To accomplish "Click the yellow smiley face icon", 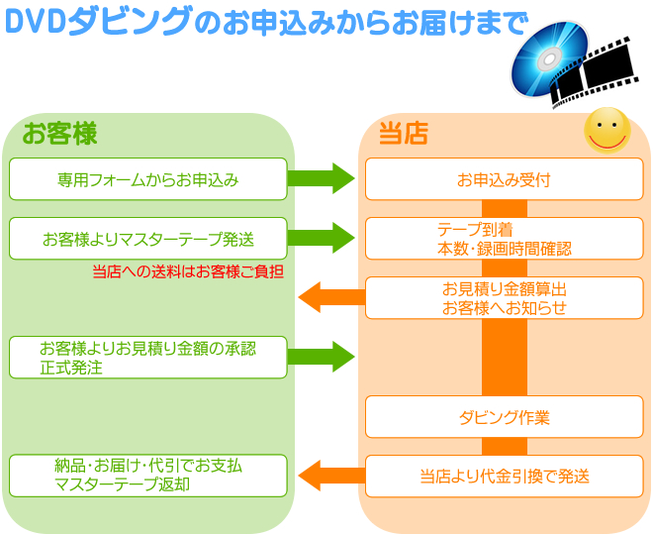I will [606, 130].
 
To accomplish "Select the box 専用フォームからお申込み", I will [148, 179].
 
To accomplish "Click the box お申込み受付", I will [504, 179].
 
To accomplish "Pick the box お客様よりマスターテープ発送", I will [148, 239].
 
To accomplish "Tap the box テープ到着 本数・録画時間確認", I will [504, 239].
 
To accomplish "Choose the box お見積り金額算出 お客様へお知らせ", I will [504, 298].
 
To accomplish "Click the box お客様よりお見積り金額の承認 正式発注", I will [148, 357].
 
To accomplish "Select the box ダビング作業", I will [504, 417].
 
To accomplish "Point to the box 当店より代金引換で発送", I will [504, 477].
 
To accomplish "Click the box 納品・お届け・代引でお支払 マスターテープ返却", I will [148, 476].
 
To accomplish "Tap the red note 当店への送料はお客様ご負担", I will [188, 270].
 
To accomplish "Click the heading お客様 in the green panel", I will [60, 134].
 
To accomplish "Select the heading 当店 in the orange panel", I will [404, 134].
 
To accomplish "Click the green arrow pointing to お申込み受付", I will [321, 179].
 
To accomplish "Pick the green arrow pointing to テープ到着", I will [321, 239].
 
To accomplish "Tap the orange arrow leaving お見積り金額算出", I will [331, 295].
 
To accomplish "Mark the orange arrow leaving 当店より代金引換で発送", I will [331, 476].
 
